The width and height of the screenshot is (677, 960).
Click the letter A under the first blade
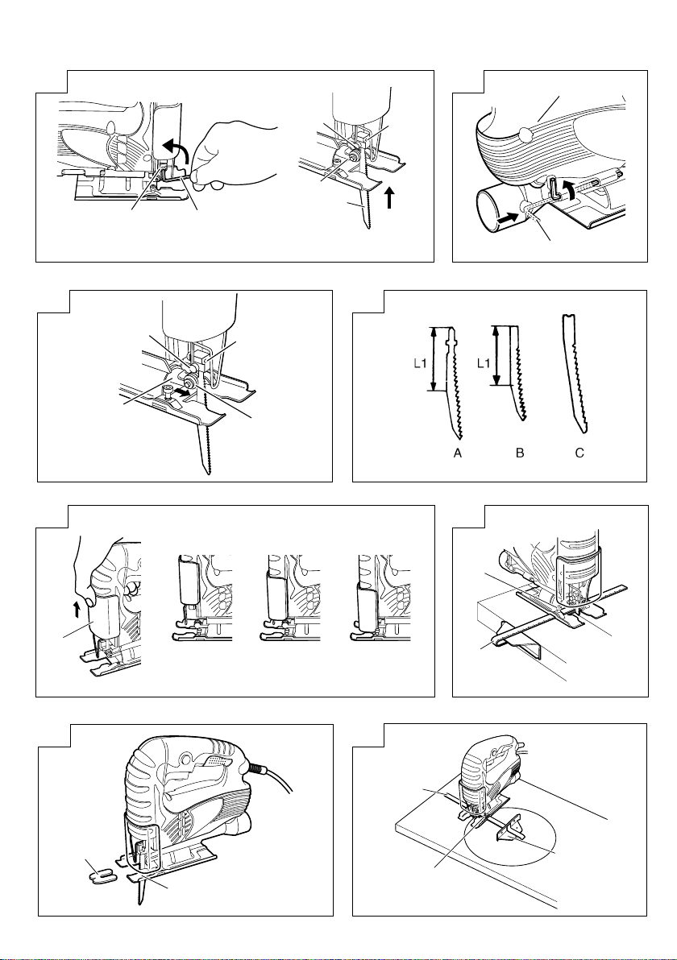pos(456,453)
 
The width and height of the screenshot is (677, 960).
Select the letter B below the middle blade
pos(520,453)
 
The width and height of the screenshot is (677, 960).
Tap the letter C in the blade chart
pos(579,453)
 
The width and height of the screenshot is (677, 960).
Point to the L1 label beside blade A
pos(419,363)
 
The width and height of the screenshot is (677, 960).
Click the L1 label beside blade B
pos(484,363)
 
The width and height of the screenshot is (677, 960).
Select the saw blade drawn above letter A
pos(455,383)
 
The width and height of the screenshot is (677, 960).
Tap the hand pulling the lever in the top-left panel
pos(233,155)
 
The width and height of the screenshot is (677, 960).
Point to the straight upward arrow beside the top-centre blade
pos(389,198)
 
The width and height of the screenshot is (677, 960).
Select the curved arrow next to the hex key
pos(570,188)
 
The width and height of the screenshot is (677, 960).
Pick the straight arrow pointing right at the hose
pos(507,216)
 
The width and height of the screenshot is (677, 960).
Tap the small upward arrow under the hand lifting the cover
pos(77,609)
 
